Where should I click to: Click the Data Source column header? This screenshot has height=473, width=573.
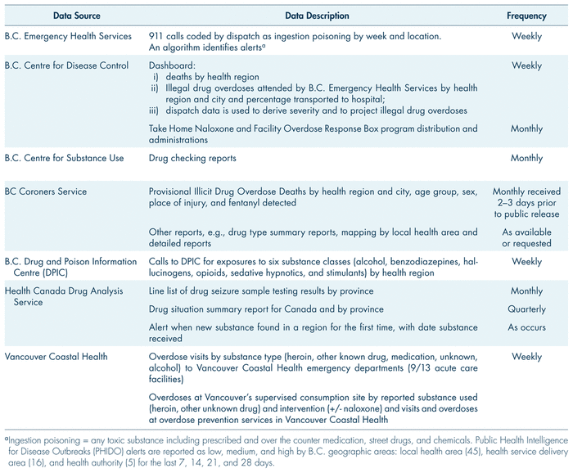(x=53, y=16)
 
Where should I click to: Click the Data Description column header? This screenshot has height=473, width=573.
(x=317, y=16)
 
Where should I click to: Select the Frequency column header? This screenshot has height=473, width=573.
(x=526, y=16)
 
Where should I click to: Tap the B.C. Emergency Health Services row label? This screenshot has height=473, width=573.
(x=68, y=36)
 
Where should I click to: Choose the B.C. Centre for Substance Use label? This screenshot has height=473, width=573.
(x=65, y=158)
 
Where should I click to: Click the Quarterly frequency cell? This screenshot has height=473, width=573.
(x=526, y=309)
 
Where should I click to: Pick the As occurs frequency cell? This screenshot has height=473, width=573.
(x=526, y=327)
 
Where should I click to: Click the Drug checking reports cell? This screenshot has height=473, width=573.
(x=192, y=158)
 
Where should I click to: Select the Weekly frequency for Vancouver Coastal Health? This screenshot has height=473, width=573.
(x=526, y=357)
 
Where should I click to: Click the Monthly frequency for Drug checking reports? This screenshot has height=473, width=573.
(x=526, y=158)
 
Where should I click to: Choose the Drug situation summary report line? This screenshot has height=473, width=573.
(x=266, y=309)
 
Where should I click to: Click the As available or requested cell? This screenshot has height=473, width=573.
(x=526, y=238)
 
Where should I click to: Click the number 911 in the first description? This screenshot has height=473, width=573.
(x=157, y=36)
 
